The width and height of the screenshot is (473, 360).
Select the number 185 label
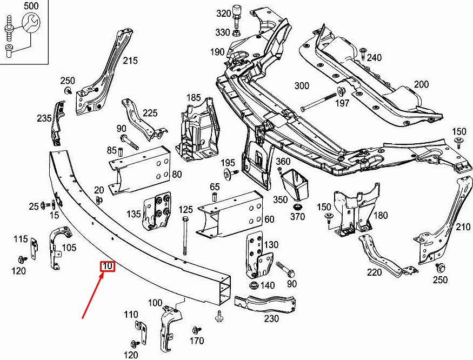point(194,98)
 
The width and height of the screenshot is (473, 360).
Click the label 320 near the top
point(223,13)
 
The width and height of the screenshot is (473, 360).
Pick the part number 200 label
point(421,84)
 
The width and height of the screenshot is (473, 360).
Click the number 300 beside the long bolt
point(302,86)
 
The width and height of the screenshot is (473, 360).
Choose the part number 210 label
point(463,227)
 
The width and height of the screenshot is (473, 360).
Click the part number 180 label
point(381,215)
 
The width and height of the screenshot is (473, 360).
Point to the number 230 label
point(271,318)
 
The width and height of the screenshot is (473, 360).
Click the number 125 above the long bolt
point(185,209)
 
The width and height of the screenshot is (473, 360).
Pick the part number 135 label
point(134,214)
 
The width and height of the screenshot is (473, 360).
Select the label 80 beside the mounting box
point(177,175)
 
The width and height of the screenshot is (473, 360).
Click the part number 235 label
point(44,118)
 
